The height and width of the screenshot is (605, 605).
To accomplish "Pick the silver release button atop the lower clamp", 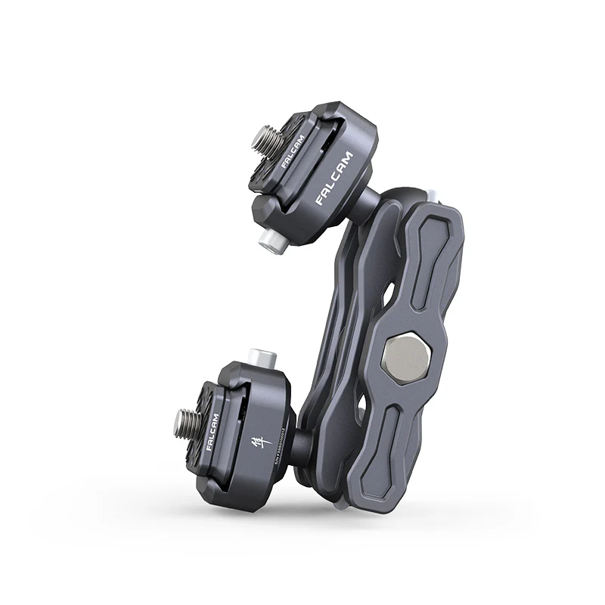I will [x=260, y=354].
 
